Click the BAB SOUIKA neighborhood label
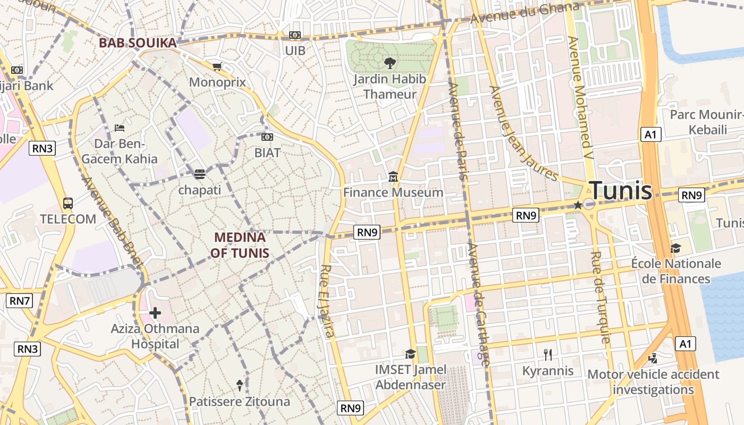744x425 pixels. pyautogui.click(x=138, y=43)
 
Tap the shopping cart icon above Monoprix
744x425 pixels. pyautogui.click(x=217, y=66)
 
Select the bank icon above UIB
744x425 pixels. pyautogui.click(x=294, y=35)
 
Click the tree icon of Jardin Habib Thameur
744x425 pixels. pyautogui.click(x=390, y=63)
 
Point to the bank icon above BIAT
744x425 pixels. pyautogui.click(x=267, y=137)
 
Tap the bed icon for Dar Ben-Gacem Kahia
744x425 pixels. pyautogui.click(x=120, y=127)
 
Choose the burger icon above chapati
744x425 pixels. pyautogui.click(x=199, y=174)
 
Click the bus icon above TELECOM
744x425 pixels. pyautogui.click(x=68, y=203)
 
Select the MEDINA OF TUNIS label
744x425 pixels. pyautogui.click(x=240, y=245)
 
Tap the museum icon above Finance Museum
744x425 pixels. pyautogui.click(x=393, y=176)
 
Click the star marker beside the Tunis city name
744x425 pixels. pyautogui.click(x=578, y=205)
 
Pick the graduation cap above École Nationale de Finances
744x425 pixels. pyautogui.click(x=675, y=248)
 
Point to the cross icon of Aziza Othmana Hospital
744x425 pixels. pyautogui.click(x=155, y=313)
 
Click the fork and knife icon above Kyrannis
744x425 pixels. pyautogui.click(x=548, y=354)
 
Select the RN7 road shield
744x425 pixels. pyautogui.click(x=20, y=301)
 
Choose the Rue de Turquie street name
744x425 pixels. pyautogui.click(x=600, y=297)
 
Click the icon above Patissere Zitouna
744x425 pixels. pyautogui.click(x=240, y=385)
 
